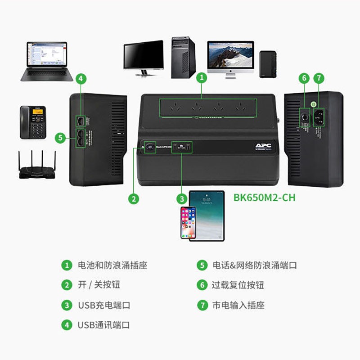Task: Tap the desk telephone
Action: [x=33, y=122]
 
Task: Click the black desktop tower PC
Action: [x=183, y=58]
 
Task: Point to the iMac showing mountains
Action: [x=230, y=58]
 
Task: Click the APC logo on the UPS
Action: [x=262, y=146]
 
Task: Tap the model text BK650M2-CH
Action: [x=264, y=198]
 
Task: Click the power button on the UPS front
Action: [x=149, y=147]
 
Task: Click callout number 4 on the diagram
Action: [x=80, y=78]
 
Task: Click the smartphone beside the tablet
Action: [x=188, y=223]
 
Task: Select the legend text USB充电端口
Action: [x=104, y=305]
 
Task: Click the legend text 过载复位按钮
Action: [x=238, y=285]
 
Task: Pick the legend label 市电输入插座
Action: [x=238, y=305]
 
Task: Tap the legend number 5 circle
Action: [x=202, y=265]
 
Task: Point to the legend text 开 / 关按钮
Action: [x=99, y=285]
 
